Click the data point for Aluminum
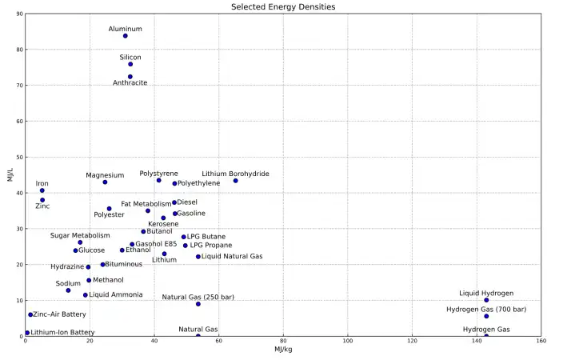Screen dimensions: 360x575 pyautogui.click(x=126, y=36)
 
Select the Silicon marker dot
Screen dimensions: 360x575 pyautogui.click(x=130, y=64)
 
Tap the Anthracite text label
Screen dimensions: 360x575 pyautogui.click(x=130, y=83)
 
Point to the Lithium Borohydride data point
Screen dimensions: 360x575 pyautogui.click(x=236, y=181)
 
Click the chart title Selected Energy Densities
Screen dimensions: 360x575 pyautogui.click(x=283, y=6)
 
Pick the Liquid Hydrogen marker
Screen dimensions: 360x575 pyautogui.click(x=486, y=300)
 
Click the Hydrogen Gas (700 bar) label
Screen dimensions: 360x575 pyautogui.click(x=486, y=309)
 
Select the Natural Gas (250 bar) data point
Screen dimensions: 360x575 pyautogui.click(x=198, y=304)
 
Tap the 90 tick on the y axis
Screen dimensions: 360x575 pyautogui.click(x=18, y=14)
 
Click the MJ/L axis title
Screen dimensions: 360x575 pyautogui.click(x=10, y=174)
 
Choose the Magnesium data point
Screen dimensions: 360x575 pyautogui.click(x=105, y=182)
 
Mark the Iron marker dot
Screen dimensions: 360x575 pyautogui.click(x=42, y=190)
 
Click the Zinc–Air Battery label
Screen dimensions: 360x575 pyautogui.click(x=59, y=314)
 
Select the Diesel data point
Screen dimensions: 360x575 pyautogui.click(x=174, y=202)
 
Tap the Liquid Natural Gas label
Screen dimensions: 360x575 pyautogui.click(x=232, y=257)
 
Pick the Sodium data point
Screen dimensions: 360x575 pyautogui.click(x=68, y=290)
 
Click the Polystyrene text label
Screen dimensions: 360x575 pyautogui.click(x=159, y=174)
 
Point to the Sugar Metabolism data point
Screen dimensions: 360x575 pyautogui.click(x=80, y=242)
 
